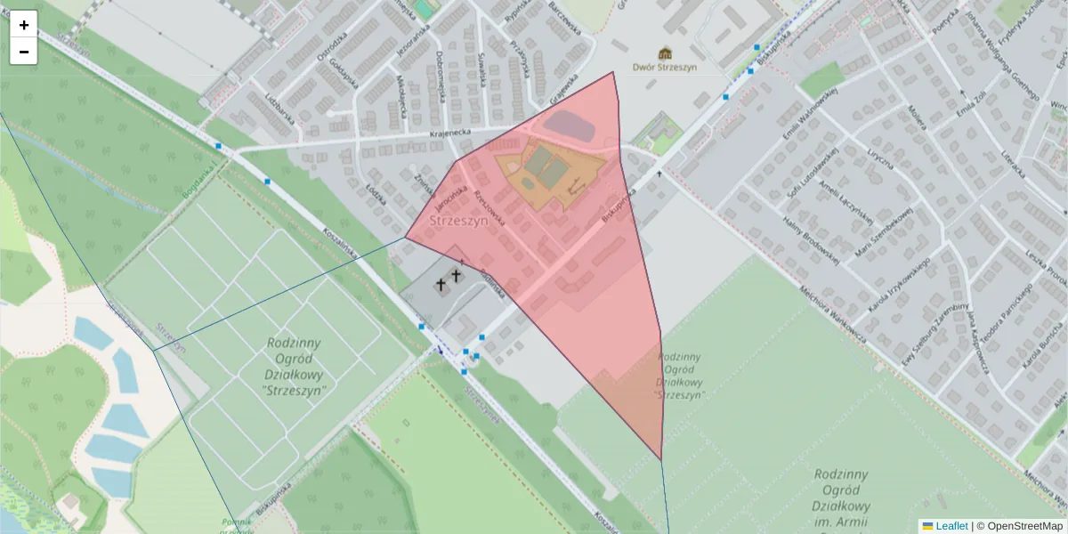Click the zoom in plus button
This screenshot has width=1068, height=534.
point(24,25)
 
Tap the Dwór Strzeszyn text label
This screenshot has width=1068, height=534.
point(665,67)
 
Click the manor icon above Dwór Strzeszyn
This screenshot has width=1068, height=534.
point(665,53)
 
